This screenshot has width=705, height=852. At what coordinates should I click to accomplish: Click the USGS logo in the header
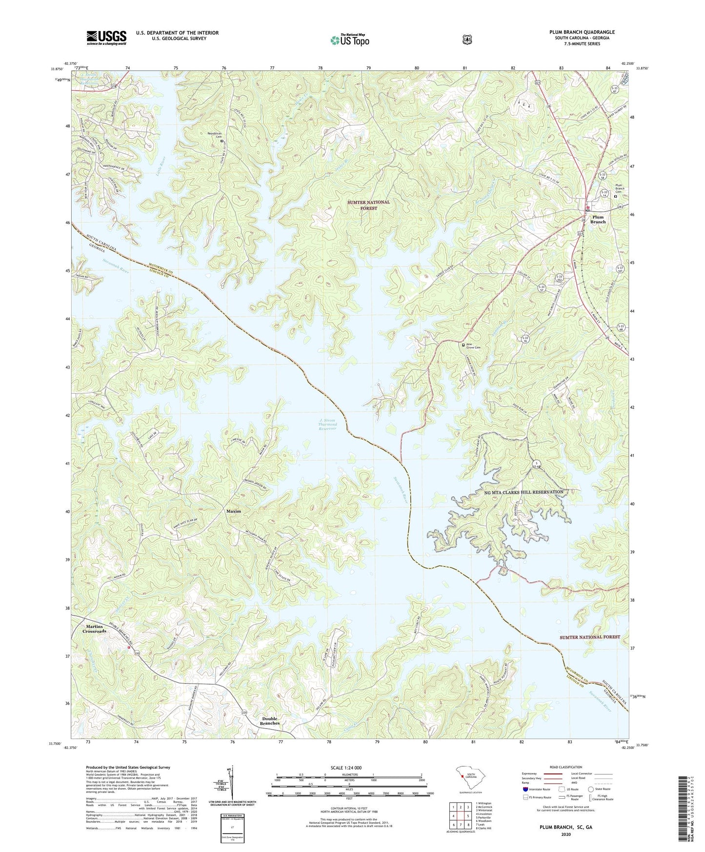106,38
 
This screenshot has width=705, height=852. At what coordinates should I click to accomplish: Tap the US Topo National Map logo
348,40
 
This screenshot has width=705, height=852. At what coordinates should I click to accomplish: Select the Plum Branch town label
598,219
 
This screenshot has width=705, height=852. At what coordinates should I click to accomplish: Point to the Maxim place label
234,511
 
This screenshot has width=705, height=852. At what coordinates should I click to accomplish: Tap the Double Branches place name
270,721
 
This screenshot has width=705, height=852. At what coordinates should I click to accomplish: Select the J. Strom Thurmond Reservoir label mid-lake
327,424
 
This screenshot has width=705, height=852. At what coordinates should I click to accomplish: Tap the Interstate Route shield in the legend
525,789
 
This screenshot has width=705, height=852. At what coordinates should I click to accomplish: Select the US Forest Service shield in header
467,39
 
